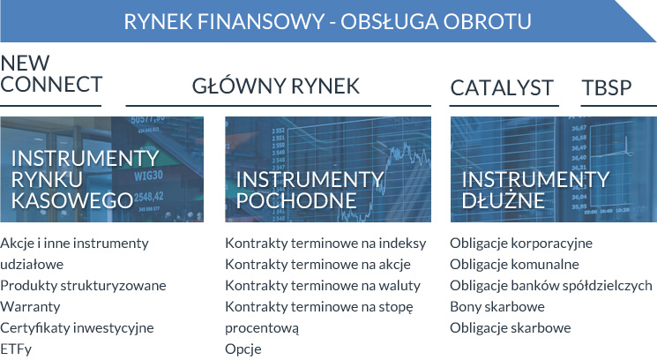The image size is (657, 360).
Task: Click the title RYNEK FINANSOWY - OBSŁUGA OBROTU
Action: point(327,20)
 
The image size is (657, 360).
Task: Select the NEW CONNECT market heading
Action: point(51,74)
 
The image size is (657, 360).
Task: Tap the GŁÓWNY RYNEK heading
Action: point(276,86)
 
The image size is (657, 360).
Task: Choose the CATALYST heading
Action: point(502,87)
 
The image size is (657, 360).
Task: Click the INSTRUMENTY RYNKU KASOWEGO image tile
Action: point(101,169)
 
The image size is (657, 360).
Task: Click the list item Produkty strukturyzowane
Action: point(83,286)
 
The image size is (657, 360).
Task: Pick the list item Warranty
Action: point(30,307)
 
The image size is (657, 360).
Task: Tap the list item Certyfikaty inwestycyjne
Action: point(77,328)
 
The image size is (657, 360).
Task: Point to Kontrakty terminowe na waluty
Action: point(323,286)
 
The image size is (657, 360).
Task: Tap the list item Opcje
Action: point(243,349)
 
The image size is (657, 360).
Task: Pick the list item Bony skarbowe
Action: point(497,307)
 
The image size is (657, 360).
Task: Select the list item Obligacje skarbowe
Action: point(511,328)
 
